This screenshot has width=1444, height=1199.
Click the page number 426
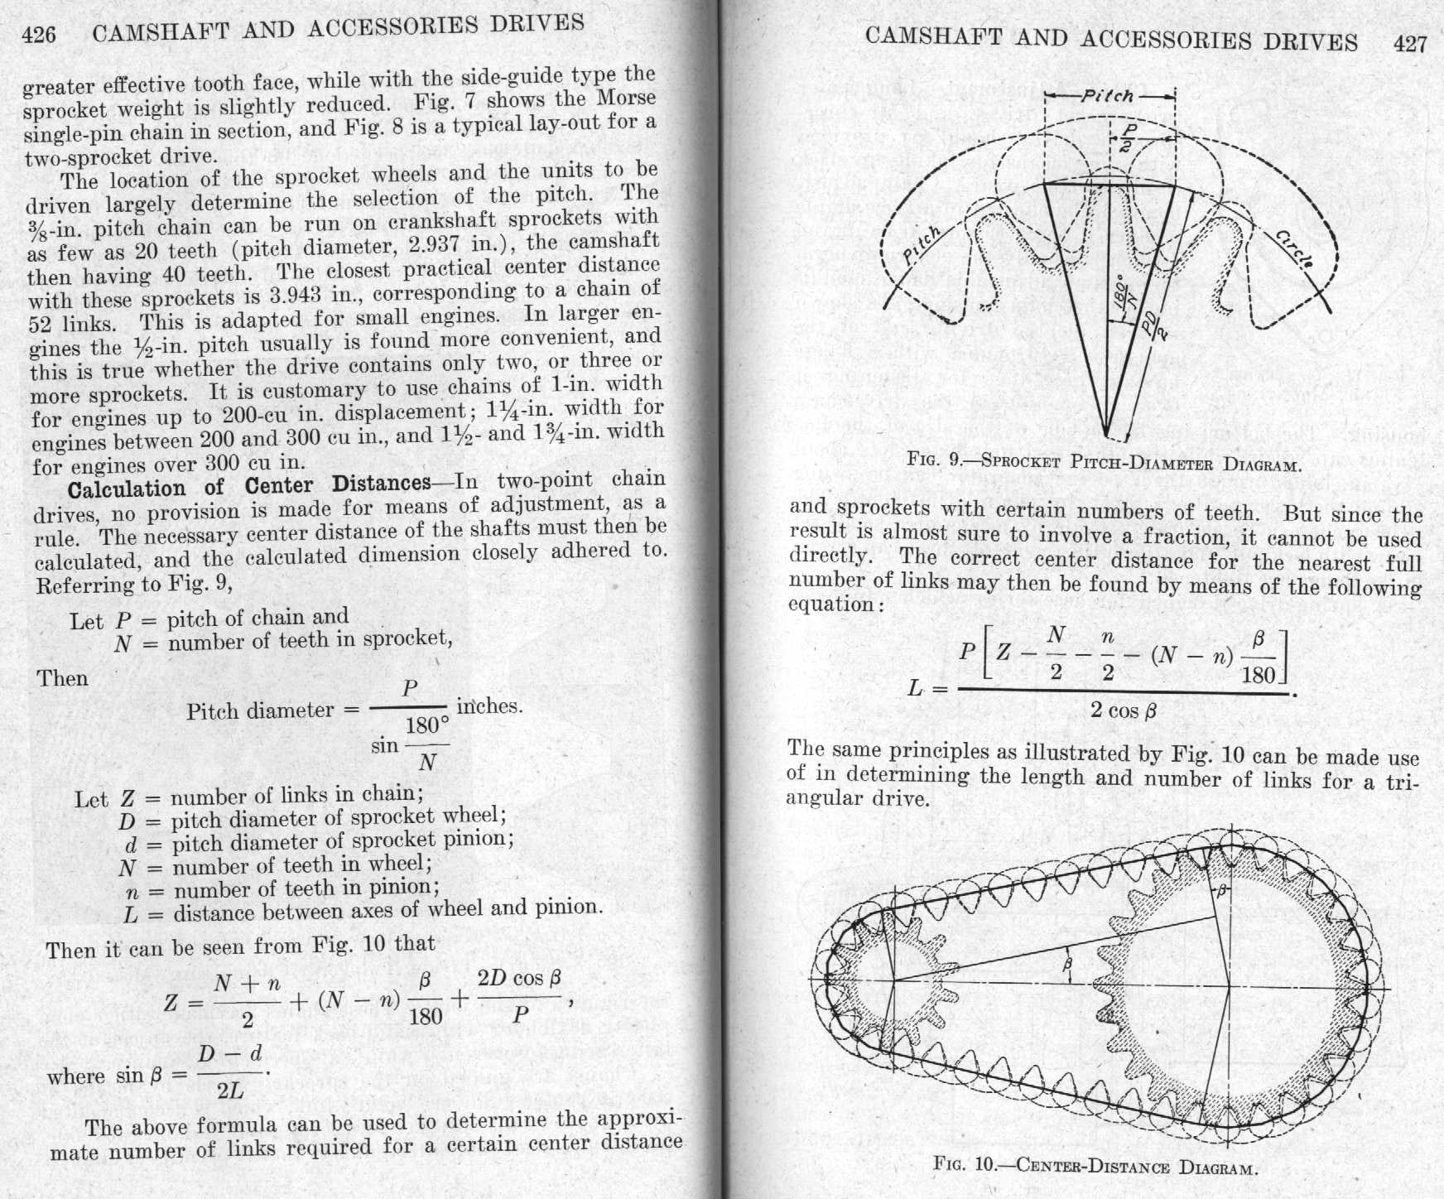(x=40, y=34)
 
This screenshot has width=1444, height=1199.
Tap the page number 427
(x=1411, y=43)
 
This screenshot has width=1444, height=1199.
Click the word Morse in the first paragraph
(x=627, y=99)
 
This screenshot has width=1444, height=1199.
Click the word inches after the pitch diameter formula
(x=489, y=706)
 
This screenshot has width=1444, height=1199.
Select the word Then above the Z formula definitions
(x=62, y=678)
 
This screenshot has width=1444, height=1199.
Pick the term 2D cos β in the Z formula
(x=519, y=978)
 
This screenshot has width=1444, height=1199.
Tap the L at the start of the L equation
(x=915, y=687)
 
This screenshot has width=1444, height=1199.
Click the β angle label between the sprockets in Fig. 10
(x=1066, y=963)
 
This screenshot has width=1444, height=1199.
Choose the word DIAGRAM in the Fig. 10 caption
(x=1218, y=1168)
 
